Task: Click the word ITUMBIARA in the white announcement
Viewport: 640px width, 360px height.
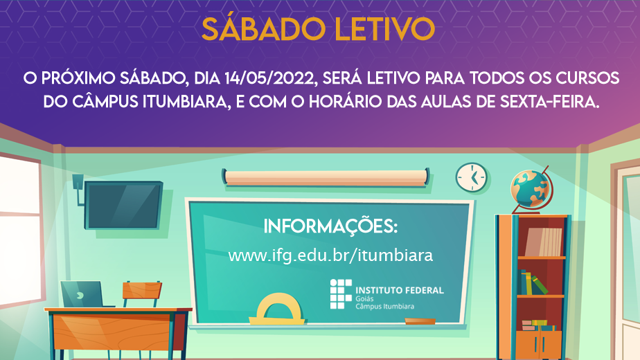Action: point(184,102)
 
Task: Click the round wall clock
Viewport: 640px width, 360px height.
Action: point(472,177)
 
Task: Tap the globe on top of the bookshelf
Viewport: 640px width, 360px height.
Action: point(530,188)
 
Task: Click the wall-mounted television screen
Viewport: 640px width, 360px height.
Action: point(123,205)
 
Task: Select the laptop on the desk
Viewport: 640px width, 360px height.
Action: point(84,294)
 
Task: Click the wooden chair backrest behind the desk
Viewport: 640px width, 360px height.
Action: point(142,290)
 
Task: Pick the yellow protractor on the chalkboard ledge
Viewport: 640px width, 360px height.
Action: point(278,309)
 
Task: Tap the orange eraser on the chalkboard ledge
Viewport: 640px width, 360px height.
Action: point(420,322)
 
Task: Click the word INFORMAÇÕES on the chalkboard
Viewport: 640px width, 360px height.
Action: point(330,226)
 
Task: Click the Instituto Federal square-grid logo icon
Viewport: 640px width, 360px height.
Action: point(341,294)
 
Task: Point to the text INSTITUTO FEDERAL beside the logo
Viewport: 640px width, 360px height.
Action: point(400,290)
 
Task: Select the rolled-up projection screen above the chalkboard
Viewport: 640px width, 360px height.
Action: point(326,178)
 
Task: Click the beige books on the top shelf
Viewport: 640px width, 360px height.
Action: point(544,242)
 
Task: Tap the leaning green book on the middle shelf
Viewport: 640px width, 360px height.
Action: point(540,285)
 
